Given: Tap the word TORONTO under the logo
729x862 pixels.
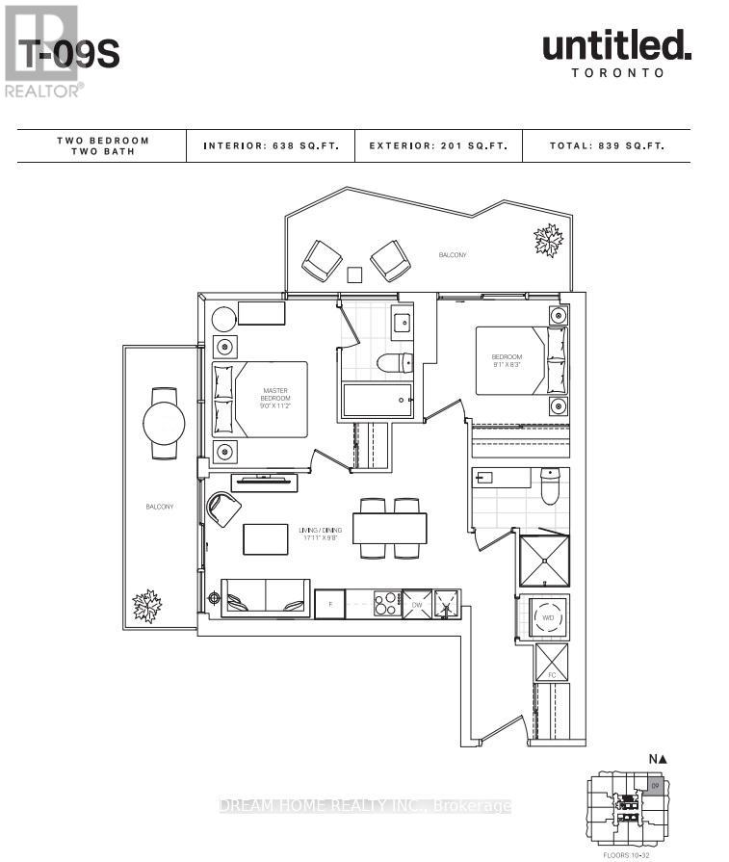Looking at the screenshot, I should pyautogui.click(x=617, y=72).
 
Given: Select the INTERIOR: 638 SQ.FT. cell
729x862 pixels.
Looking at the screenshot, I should pyautogui.click(x=271, y=146).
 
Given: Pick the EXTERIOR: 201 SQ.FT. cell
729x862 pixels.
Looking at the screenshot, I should pyautogui.click(x=439, y=146).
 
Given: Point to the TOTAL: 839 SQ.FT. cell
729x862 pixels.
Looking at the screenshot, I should pyautogui.click(x=606, y=146).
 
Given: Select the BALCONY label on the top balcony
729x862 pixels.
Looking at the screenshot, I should pyautogui.click(x=452, y=255).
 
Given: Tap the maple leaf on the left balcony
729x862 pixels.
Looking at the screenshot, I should pyautogui.click(x=147, y=606).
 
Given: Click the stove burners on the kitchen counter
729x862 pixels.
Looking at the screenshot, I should pyautogui.click(x=385, y=604).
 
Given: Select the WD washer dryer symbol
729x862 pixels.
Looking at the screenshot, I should pyautogui.click(x=547, y=617).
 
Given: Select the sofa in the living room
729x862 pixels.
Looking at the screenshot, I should pyautogui.click(x=266, y=598).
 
